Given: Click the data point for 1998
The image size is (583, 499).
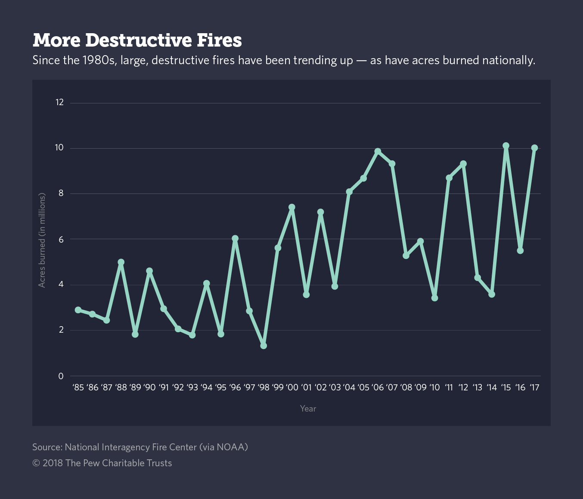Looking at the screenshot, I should coord(264,346).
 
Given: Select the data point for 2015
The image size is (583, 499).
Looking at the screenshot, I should coord(506,146).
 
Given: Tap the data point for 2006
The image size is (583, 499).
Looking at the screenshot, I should coord(378,151).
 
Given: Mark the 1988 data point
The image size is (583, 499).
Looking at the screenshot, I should coord(121,262).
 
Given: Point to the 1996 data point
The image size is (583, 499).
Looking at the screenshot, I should coord(235,238).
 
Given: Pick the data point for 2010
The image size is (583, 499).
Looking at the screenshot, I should coord(434,298).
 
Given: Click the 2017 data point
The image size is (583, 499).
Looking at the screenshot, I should coord(534,148).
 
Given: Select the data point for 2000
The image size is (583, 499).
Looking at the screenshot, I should coord(292,207).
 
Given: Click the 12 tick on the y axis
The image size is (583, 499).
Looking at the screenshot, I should coord(59,103).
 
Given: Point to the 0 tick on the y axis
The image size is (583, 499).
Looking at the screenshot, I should coord(61,376).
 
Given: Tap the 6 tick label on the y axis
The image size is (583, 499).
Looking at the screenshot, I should coord(61,240).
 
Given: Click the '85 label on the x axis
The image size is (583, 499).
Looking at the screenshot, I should coord(78,387).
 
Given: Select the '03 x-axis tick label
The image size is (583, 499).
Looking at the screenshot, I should coord(335,387).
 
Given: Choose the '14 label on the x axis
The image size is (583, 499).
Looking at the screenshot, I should coord(492,387).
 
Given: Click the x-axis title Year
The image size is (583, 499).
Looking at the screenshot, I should coord(308,409).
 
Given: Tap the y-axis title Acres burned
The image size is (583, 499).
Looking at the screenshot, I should coord(42,240).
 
